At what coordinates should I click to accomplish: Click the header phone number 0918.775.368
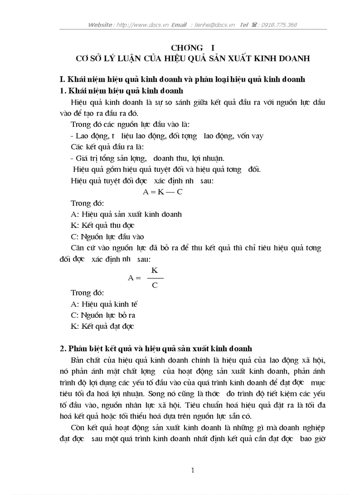click(x=279, y=25)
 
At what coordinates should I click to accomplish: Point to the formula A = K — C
click(x=162, y=192)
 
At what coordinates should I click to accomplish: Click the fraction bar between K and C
click(x=155, y=278)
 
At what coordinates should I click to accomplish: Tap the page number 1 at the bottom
click(x=193, y=470)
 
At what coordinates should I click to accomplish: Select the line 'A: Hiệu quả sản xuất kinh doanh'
click(x=126, y=214)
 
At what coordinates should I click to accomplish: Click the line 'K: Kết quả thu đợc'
click(x=102, y=225)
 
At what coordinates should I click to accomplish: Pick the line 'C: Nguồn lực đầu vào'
click(x=107, y=237)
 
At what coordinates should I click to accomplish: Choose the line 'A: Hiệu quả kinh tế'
click(x=105, y=304)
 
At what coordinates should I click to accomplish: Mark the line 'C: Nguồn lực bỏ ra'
click(x=103, y=315)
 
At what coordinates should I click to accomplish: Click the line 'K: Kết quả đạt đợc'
click(x=102, y=327)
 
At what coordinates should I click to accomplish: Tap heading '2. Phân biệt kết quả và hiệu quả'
click(x=156, y=349)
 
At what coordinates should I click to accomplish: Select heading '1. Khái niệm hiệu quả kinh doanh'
click(x=121, y=91)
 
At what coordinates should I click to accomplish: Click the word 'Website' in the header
click(x=100, y=25)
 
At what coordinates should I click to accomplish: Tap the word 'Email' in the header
click(x=179, y=25)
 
